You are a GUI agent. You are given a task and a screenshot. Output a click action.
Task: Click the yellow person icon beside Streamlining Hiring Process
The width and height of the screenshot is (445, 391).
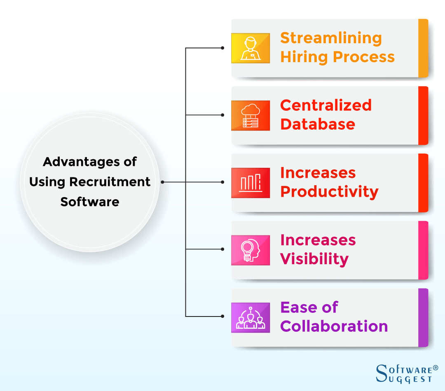[251, 48]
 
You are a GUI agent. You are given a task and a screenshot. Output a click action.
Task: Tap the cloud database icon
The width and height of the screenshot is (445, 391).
[251, 116]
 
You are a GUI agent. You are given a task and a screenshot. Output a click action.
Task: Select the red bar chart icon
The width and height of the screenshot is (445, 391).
[251, 183]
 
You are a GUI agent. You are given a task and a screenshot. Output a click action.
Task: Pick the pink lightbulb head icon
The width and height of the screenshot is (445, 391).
[251, 250]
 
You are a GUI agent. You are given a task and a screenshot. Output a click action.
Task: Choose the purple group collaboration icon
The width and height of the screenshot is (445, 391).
[251, 318]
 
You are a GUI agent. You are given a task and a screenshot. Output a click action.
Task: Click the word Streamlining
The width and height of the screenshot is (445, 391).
[331, 38]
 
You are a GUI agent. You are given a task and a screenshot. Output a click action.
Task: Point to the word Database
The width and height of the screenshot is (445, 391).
[318, 124]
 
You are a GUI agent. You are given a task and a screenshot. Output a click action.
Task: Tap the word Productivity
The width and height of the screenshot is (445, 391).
[329, 192]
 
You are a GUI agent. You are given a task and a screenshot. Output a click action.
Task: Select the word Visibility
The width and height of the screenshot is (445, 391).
[314, 259]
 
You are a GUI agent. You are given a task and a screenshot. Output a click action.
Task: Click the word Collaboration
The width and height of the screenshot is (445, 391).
[334, 326]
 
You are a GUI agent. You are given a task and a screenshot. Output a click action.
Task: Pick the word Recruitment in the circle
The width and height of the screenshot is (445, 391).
[110, 182]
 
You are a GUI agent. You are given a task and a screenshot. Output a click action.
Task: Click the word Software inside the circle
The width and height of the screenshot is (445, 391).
[90, 202]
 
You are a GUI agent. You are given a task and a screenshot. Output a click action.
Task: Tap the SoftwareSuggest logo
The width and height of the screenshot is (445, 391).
[407, 374]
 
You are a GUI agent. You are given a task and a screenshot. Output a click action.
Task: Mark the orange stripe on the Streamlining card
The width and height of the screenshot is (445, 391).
[423, 48]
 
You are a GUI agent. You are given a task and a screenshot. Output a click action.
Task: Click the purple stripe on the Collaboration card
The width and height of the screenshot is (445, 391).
[423, 318]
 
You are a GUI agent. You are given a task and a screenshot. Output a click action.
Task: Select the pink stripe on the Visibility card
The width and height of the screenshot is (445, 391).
[423, 250]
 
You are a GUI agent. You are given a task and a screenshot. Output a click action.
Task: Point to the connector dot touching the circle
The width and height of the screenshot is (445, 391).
[163, 182]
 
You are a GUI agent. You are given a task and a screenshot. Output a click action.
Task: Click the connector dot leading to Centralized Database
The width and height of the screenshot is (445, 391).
[222, 115]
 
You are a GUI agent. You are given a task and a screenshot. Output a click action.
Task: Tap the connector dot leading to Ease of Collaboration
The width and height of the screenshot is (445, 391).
[222, 316]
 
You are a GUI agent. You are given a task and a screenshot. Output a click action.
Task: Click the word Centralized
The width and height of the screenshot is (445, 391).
[326, 105]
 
